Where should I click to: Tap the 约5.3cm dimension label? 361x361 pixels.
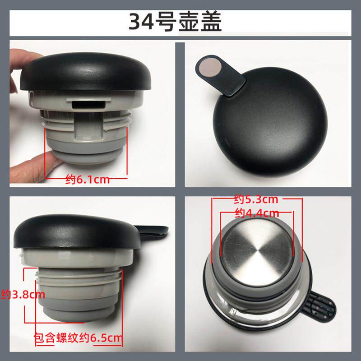[x=256, y=199]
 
